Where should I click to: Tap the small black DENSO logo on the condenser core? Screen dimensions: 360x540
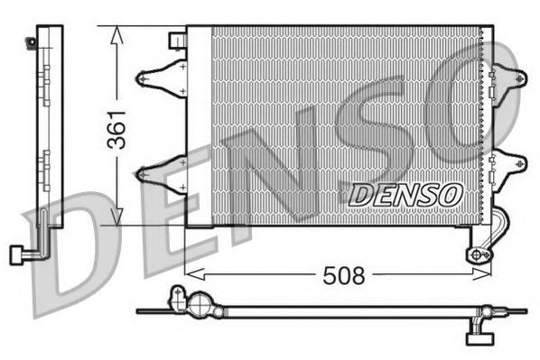[x=405, y=193]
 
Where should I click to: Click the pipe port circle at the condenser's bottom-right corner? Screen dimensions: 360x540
[x=477, y=254]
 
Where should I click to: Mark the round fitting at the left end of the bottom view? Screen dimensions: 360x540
[x=179, y=298]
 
